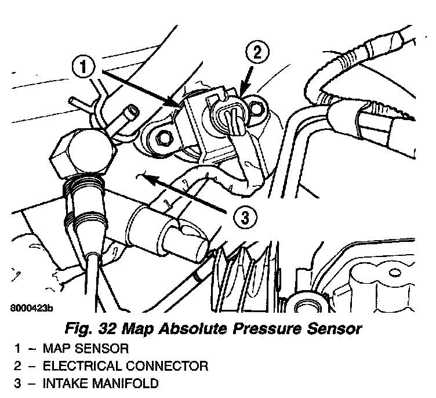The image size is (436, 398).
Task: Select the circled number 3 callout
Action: tap(245, 218)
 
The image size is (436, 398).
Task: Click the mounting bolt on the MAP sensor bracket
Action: tap(161, 138)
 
